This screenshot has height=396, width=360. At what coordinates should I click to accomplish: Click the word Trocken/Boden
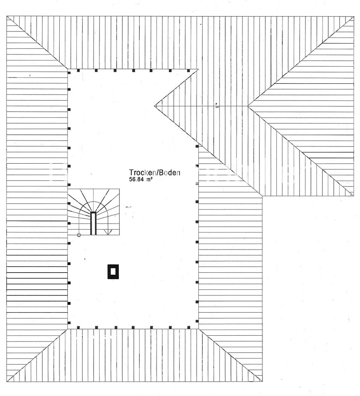(x=154, y=173)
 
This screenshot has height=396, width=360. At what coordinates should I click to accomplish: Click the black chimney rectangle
(x=113, y=272)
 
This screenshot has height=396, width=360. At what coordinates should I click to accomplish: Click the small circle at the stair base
(x=79, y=235)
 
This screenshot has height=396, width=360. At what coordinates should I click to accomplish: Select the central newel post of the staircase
(x=93, y=223)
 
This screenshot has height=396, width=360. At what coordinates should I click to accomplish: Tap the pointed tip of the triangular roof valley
(x=155, y=106)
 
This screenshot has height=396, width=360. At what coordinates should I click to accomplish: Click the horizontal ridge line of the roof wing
(x=201, y=106)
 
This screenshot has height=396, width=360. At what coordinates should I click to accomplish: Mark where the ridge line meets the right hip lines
(x=248, y=106)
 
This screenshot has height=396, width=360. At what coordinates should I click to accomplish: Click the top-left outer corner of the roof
(x=7, y=16)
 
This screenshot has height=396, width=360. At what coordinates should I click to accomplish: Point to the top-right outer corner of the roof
(x=354, y=16)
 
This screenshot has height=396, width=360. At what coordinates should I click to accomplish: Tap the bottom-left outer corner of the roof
(x=7, y=381)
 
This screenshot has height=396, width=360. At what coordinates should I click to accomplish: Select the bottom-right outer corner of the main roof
(x=262, y=381)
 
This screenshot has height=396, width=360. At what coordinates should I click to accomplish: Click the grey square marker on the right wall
(x=197, y=183)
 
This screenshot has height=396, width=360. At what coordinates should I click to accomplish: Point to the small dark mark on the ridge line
(x=217, y=106)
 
